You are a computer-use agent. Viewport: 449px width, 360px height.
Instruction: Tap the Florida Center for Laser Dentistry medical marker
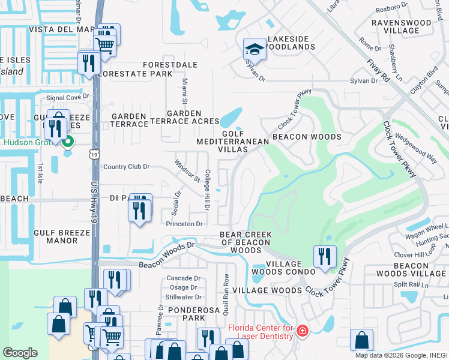[x=303, y=331]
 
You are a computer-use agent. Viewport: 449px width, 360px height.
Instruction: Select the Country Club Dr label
[x=126, y=167]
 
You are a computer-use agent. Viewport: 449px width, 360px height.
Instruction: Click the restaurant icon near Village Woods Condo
[x=325, y=256]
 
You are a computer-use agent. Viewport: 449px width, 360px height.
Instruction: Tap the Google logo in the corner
[x=20, y=352]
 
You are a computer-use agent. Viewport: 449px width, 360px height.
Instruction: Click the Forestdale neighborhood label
[x=166, y=64]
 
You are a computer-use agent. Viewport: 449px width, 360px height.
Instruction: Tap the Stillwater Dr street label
[x=183, y=296]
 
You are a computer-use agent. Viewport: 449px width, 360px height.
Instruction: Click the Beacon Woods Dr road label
[x=167, y=255]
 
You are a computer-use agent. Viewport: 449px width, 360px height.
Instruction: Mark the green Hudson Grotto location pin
[x=68, y=142]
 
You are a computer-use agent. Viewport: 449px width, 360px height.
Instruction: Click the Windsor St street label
[x=187, y=170]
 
